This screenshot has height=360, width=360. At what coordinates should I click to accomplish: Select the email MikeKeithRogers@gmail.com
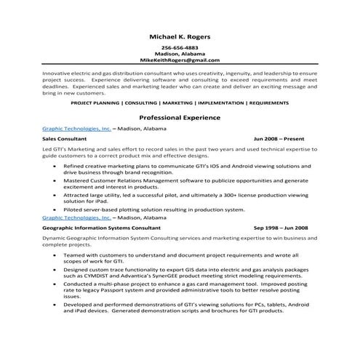pos(180,60)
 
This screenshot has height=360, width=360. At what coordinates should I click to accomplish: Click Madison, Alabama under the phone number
pos(180,55)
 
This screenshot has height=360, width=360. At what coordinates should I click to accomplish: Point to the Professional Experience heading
pos(180,116)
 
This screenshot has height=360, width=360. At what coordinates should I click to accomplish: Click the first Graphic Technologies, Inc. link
pos(76,128)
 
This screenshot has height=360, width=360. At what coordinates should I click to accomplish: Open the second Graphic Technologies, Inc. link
pos(76,217)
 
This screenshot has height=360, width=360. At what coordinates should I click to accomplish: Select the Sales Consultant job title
pos(65,138)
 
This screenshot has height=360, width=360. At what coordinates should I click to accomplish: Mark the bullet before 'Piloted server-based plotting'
pos(55,209)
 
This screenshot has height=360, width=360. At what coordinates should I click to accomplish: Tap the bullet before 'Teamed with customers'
pos(55,255)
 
